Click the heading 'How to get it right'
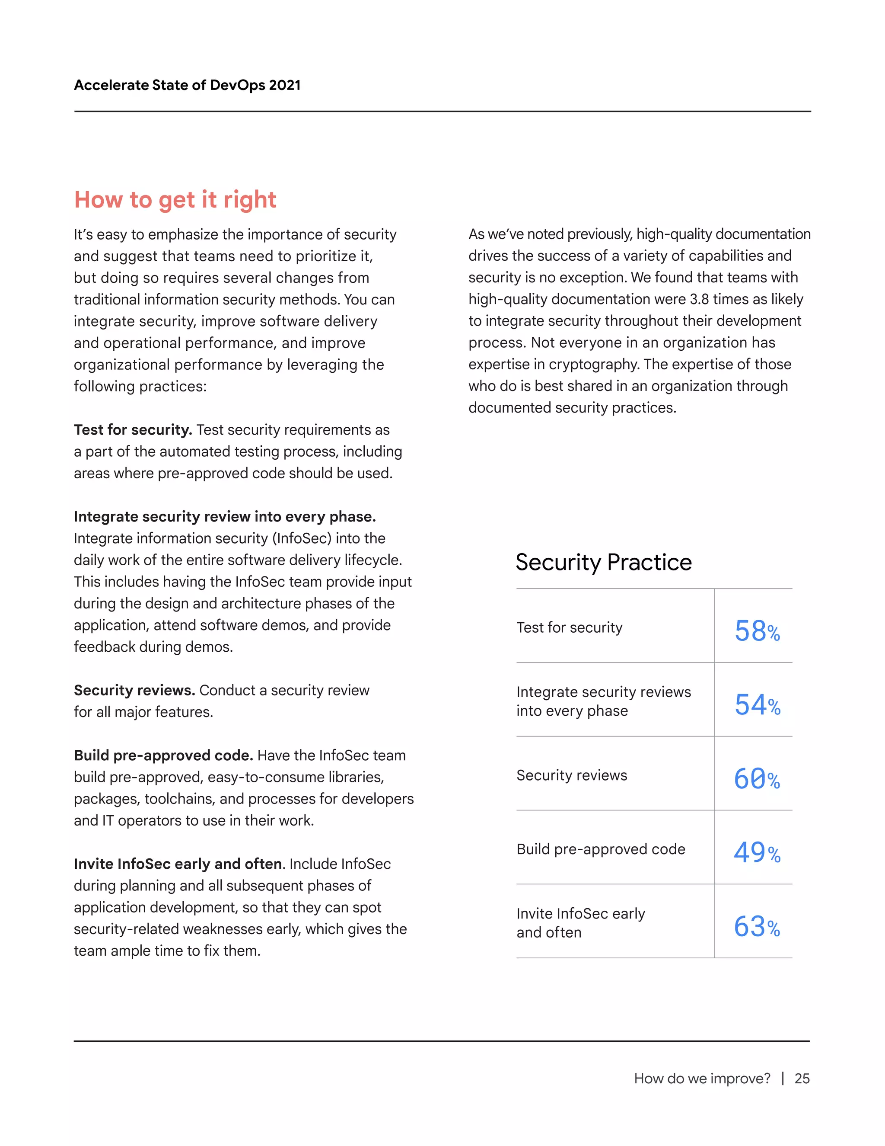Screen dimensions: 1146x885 [175, 200]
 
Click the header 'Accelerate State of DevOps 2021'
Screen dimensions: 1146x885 [187, 85]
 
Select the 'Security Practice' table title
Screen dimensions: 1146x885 [603, 562]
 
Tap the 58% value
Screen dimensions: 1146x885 [757, 630]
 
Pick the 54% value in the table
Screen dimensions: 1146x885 [757, 704]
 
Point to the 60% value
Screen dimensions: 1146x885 [757, 778]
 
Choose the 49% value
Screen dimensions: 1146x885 [757, 852]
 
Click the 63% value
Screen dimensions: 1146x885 [757, 926]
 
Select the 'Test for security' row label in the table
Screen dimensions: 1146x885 [570, 627]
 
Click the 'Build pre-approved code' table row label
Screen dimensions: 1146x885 [600, 849]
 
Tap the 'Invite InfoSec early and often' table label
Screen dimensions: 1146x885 [580, 922]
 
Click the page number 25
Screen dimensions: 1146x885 [802, 1078]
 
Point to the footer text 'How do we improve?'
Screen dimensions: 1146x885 [702, 1078]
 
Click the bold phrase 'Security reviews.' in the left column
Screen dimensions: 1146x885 [134, 690]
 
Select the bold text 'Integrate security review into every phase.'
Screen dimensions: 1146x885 [225, 516]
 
